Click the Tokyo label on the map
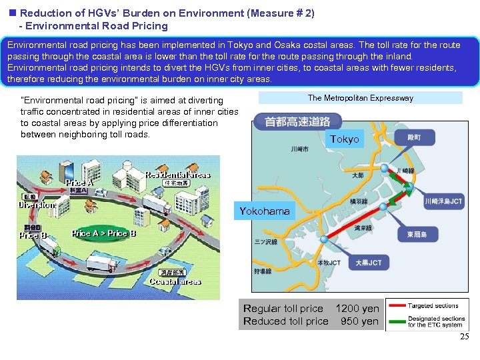[344, 139]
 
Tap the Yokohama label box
[265, 211]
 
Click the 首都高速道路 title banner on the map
[297, 122]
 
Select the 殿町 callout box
[413, 137]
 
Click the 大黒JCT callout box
[369, 263]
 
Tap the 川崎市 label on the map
[300, 149]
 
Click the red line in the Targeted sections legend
[397, 305]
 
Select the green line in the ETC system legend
[397, 321]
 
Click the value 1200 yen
[357, 309]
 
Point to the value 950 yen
[359, 321]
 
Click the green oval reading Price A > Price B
[103, 233]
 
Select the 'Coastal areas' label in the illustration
[175, 281]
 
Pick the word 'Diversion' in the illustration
[37, 205]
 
